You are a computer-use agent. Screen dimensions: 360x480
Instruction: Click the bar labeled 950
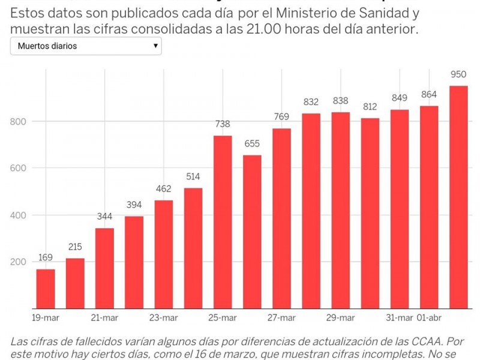click(458, 197)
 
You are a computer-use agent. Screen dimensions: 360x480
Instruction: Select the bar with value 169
click(46, 289)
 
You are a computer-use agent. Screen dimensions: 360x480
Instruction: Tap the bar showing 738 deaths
click(223, 222)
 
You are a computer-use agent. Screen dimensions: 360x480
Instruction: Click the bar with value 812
click(370, 213)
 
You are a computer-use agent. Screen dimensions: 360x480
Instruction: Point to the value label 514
click(193, 177)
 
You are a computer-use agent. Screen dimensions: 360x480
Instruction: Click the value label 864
click(429, 95)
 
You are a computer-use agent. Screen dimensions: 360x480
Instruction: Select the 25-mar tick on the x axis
click(223, 318)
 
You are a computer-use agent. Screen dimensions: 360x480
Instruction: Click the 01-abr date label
click(429, 318)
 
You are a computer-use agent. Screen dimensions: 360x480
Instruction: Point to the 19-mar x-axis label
click(46, 318)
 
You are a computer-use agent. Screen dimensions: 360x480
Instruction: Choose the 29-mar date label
click(340, 318)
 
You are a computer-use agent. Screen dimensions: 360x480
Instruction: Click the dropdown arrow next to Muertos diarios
click(155, 46)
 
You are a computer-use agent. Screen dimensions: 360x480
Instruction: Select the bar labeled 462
click(163, 254)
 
